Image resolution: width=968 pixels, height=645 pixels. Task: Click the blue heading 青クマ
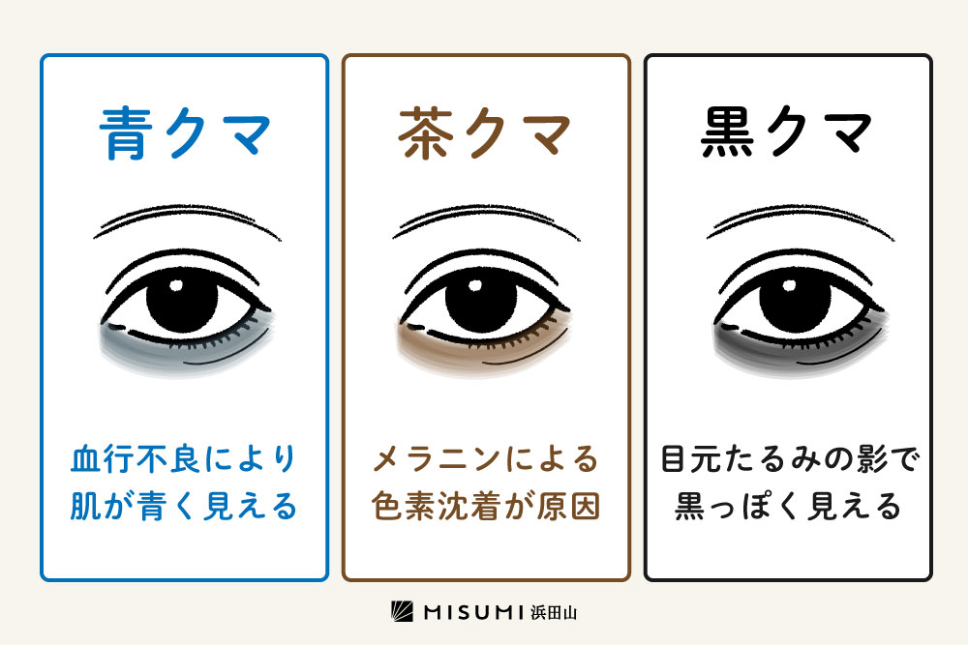click(x=185, y=133)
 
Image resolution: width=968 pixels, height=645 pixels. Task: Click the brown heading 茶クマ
click(x=484, y=133)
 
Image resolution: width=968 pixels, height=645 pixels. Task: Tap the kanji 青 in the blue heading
click(x=126, y=133)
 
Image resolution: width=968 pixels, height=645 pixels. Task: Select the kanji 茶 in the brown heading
click(x=425, y=133)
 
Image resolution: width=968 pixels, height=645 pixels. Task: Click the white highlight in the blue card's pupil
click(x=176, y=285)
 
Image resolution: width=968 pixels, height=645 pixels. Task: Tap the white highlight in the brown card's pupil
click(x=475, y=285)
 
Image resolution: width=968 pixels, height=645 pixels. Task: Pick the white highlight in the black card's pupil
click(x=789, y=285)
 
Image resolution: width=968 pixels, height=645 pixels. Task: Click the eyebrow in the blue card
click(x=187, y=221)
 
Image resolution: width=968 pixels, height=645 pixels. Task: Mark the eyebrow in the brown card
click(x=486, y=221)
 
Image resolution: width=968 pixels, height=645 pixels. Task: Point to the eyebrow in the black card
click(x=801, y=221)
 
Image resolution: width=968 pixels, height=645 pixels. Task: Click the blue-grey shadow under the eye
click(x=185, y=345)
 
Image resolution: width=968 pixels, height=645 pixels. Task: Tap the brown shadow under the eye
click(x=484, y=345)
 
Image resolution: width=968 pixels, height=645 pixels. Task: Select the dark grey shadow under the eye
click(x=800, y=345)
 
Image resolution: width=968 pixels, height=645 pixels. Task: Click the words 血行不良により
click(x=184, y=459)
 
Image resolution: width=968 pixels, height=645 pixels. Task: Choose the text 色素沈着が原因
click(x=486, y=507)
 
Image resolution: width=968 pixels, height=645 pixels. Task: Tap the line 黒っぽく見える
click(x=788, y=507)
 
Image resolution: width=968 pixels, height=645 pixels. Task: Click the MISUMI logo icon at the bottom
click(x=402, y=612)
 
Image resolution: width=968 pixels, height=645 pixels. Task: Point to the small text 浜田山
click(x=554, y=612)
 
